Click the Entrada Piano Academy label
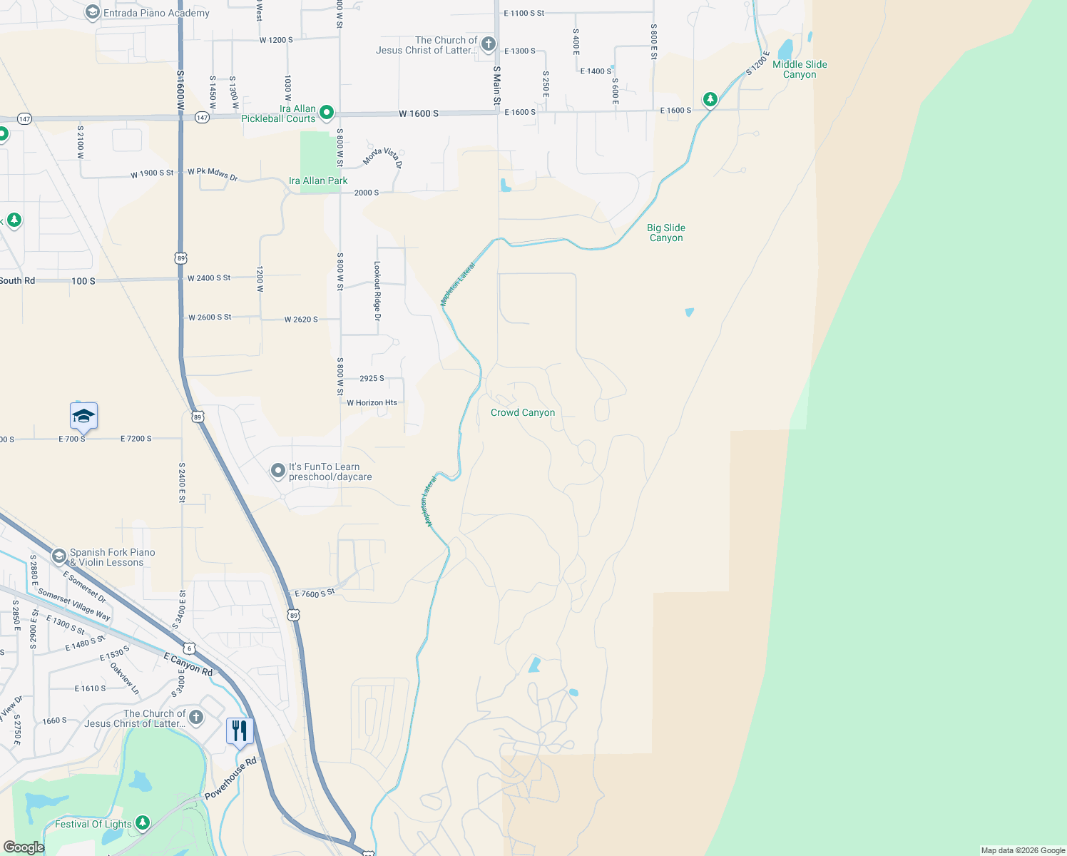[156, 13]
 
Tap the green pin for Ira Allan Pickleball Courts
[327, 112]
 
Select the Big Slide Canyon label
[666, 233]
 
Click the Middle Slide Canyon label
[800, 69]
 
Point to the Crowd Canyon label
[523, 412]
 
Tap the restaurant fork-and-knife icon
[240, 731]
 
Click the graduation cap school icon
[83, 416]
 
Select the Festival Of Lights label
[93, 824]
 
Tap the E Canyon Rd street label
[188, 664]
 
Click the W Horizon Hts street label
[372, 403]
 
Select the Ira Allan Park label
[318, 180]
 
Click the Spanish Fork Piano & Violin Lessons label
[112, 557]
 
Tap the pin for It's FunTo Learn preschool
[277, 471]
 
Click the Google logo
[24, 847]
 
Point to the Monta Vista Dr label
[383, 157]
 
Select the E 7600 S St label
[315, 593]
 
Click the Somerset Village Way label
[74, 605]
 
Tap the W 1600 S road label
[419, 113]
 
